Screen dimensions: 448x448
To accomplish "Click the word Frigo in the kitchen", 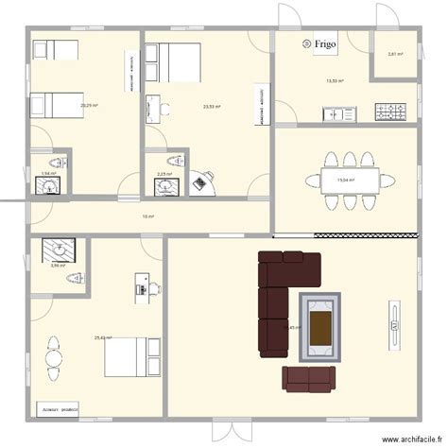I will [x=326, y=43].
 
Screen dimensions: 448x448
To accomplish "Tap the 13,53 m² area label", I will [x=335, y=81].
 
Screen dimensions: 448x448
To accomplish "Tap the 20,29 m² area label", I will [x=88, y=105].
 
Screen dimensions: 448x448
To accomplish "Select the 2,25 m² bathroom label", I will [x=163, y=174].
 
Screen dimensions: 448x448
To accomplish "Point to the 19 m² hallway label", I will [x=146, y=216].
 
